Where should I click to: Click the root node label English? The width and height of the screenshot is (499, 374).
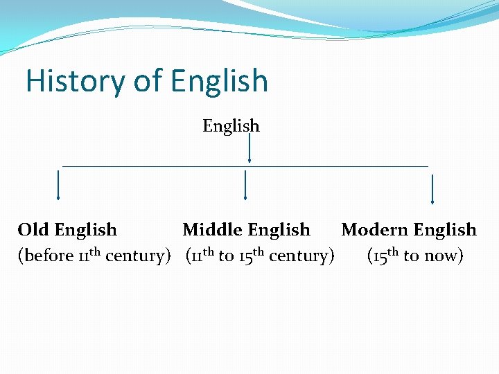[x=231, y=127]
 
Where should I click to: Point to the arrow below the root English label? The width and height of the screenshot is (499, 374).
[x=249, y=149]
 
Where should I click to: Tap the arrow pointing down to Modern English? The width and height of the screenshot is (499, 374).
[x=432, y=189]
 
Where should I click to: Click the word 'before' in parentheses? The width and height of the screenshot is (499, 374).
[x=49, y=256]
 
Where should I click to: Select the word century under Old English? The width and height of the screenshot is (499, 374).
[x=137, y=256]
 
